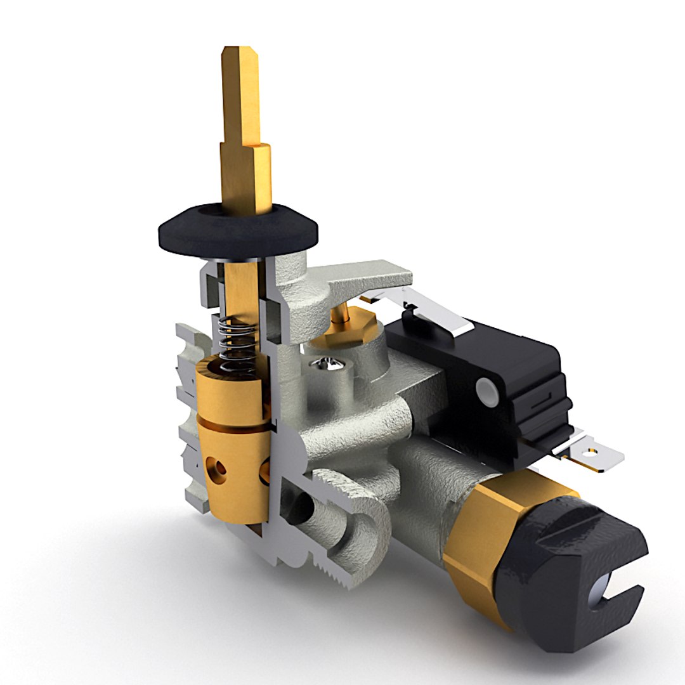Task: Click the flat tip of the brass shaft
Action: [x=240, y=53]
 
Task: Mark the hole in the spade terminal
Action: [x=592, y=453]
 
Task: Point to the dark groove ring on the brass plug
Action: [x=232, y=422]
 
